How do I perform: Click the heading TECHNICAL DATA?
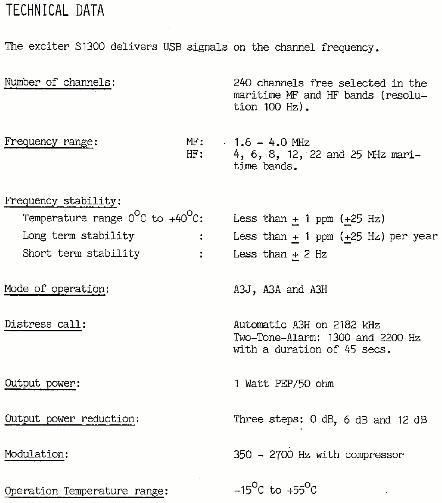click(x=55, y=11)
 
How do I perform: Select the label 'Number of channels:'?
click(x=60, y=83)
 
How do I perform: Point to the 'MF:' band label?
click(x=195, y=142)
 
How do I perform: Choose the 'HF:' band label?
click(x=195, y=154)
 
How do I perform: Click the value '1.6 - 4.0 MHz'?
click(x=272, y=142)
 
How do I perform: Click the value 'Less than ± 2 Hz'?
click(x=280, y=254)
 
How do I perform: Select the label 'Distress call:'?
click(x=45, y=324)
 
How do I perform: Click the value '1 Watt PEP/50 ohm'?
click(x=284, y=384)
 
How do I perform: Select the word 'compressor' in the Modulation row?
click(x=374, y=455)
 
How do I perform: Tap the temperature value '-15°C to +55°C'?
click(x=275, y=490)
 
